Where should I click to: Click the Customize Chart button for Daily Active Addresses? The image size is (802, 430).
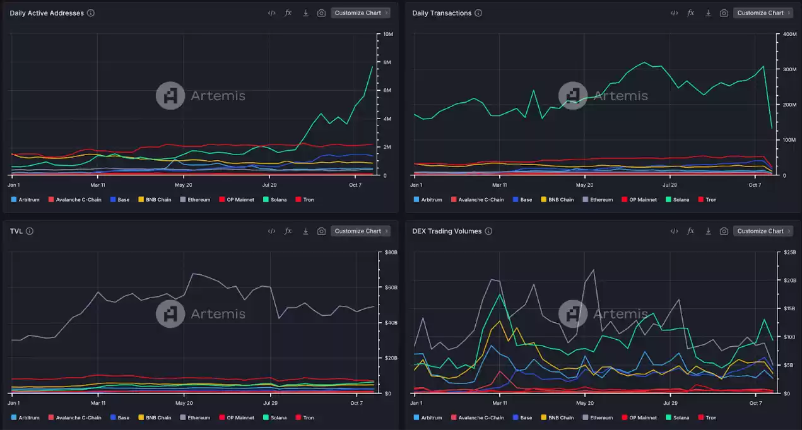click(360, 13)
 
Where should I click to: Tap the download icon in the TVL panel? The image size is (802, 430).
click(305, 231)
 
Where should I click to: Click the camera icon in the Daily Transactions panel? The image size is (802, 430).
click(724, 13)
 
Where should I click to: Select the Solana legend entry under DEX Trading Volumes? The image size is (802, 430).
click(678, 417)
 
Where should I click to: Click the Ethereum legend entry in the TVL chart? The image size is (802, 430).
click(195, 417)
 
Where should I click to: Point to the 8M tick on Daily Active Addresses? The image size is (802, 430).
click(387, 62)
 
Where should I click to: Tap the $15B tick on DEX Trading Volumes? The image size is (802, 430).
click(789, 308)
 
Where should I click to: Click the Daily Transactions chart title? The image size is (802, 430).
click(442, 13)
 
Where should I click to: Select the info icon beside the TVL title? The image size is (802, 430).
click(30, 231)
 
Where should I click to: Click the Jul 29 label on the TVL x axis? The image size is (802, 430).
click(270, 403)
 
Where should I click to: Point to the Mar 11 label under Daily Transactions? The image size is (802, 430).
click(499, 185)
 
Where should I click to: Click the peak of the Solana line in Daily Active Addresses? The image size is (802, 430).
click(372, 66)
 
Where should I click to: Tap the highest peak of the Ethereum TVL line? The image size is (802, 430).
click(192, 274)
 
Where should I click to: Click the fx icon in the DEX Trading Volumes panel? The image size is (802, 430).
click(691, 231)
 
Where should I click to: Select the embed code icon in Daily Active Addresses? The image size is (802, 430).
click(271, 13)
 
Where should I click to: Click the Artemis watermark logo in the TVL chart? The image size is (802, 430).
click(170, 313)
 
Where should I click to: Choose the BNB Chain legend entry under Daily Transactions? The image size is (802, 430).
click(557, 199)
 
